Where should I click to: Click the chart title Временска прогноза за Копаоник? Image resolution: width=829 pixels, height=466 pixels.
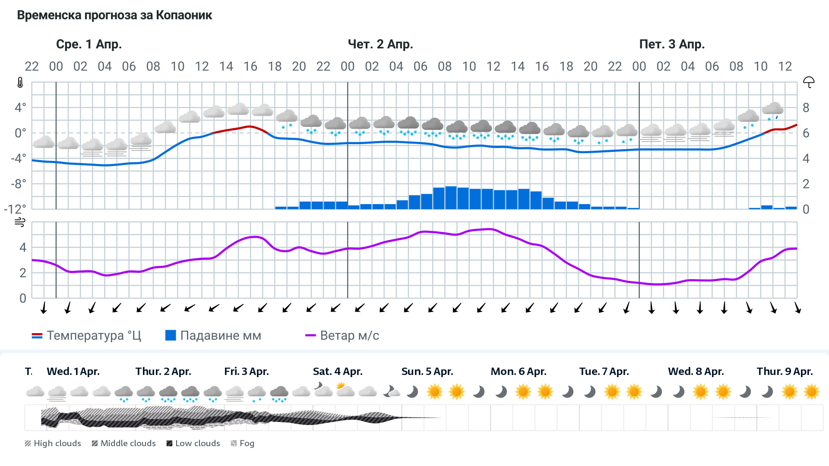tap(114, 16)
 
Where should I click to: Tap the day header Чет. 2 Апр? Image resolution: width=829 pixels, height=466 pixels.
tap(380, 44)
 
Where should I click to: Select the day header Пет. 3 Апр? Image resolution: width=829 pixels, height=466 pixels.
tap(672, 44)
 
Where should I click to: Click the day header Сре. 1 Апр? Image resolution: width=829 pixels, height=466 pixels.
tap(89, 44)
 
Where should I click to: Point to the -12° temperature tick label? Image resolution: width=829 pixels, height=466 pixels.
tap(15, 209)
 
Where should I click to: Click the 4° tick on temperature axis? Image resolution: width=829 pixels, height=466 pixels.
tap(20, 107)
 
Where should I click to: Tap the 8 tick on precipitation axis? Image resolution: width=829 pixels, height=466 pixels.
tap(806, 107)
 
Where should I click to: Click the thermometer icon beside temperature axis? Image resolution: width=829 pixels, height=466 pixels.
tap(20, 82)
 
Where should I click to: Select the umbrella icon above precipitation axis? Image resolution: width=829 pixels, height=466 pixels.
tap(809, 82)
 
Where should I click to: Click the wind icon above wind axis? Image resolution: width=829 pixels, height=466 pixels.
tap(20, 222)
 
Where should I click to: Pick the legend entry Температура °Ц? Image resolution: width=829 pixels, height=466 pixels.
tap(86, 336)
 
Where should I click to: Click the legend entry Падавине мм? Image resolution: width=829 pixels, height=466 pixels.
tap(214, 336)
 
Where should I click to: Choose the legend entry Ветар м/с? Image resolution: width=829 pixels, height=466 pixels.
tap(342, 336)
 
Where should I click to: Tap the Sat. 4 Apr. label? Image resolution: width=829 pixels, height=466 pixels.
tap(338, 372)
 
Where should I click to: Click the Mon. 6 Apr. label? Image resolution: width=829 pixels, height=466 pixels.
tap(518, 372)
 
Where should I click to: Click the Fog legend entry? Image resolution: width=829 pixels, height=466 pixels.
tap(243, 443)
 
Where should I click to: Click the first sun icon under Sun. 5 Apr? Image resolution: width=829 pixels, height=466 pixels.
tap(434, 392)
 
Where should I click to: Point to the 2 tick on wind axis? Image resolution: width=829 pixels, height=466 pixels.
tap(23, 273)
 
